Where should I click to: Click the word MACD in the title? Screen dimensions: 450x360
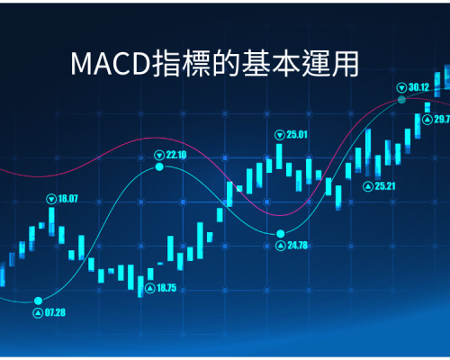[x=111, y=64]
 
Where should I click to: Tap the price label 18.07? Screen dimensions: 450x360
[x=67, y=199]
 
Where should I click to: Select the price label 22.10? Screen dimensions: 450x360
[x=176, y=155]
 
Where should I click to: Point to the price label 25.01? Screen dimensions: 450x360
[x=297, y=135]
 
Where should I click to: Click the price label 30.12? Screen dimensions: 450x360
[x=418, y=87]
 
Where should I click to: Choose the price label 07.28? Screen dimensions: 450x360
[x=55, y=313]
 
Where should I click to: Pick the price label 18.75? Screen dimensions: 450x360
[x=166, y=288]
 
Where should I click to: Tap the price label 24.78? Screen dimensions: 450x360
[x=298, y=246]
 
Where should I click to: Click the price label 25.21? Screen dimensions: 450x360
[x=385, y=186]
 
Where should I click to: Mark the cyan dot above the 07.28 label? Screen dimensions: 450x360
[x=38, y=301]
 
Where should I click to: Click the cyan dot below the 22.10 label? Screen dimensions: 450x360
[x=159, y=166]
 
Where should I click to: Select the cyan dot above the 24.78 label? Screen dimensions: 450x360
[x=281, y=233]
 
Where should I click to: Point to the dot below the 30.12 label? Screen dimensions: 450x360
[x=401, y=100]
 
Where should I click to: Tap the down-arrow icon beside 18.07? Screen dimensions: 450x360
[x=51, y=199]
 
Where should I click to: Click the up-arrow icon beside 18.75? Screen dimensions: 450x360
[x=150, y=289]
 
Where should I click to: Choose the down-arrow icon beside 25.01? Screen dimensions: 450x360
[x=280, y=135]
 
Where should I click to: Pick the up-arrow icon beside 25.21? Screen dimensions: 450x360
[x=368, y=186]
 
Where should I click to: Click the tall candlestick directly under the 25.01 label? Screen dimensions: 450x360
[x=279, y=157]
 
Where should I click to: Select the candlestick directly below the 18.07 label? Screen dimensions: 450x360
[x=51, y=221]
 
